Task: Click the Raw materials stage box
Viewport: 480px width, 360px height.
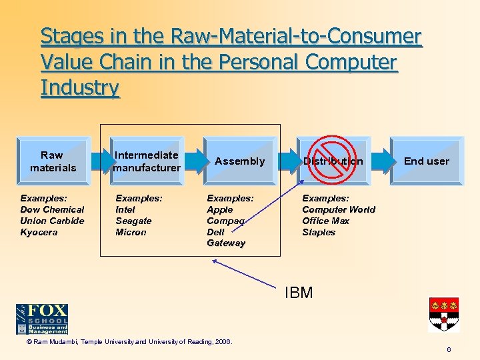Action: pyautogui.click(x=53, y=161)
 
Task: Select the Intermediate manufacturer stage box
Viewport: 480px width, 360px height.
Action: pyautogui.click(x=147, y=161)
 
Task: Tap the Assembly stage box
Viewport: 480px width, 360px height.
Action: pyautogui.click(x=239, y=161)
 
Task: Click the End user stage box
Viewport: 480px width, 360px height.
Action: pyautogui.click(x=427, y=161)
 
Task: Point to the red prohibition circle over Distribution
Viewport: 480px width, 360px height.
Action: pyautogui.click(x=333, y=161)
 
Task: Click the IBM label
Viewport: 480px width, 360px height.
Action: pyautogui.click(x=299, y=293)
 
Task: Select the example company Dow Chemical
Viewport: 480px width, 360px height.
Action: pyautogui.click(x=52, y=209)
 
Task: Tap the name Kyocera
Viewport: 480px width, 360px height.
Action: pyautogui.click(x=39, y=232)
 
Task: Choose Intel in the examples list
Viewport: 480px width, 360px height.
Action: pyautogui.click(x=125, y=209)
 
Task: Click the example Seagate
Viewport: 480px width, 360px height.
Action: pyautogui.click(x=133, y=221)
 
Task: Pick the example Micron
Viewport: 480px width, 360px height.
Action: pyautogui.click(x=131, y=232)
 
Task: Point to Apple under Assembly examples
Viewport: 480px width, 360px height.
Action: pyautogui.click(x=220, y=209)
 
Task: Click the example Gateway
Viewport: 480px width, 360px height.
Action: pyautogui.click(x=226, y=243)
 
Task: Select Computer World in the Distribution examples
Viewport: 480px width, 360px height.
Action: pyautogui.click(x=339, y=209)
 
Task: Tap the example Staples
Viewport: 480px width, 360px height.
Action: pyautogui.click(x=319, y=232)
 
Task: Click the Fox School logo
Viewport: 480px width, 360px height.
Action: pyautogui.click(x=42, y=319)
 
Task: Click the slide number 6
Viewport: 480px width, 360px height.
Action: pyautogui.click(x=449, y=349)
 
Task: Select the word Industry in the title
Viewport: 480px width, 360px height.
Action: pyautogui.click(x=80, y=87)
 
